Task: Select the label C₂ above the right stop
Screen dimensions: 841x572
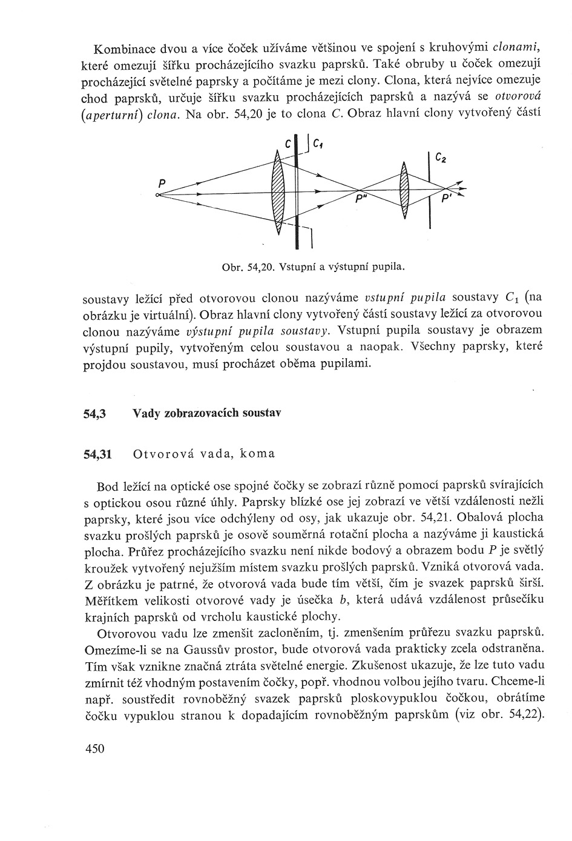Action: pyautogui.click(x=441, y=159)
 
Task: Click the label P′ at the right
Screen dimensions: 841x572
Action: pyautogui.click(x=447, y=199)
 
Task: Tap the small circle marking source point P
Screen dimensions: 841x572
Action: pyautogui.click(x=157, y=195)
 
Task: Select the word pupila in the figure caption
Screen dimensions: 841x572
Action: pyautogui.click(x=388, y=266)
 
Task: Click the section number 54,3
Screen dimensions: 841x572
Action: pyautogui.click(x=94, y=414)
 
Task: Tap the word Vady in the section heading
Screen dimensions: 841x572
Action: pyautogui.click(x=146, y=414)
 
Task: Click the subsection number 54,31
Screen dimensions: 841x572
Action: pyautogui.click(x=97, y=454)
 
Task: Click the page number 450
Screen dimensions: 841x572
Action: pyautogui.click(x=95, y=749)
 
